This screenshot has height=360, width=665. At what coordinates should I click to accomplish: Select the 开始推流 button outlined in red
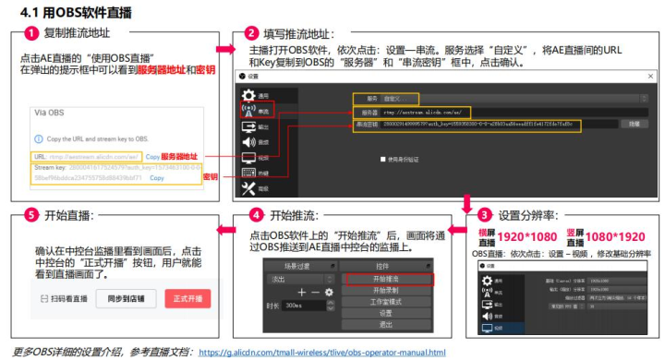coord(385,277)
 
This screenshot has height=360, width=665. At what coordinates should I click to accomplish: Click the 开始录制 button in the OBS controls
coord(385,289)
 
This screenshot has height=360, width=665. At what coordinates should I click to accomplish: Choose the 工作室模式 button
coord(385,301)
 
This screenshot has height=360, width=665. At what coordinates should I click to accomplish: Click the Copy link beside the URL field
coord(152,157)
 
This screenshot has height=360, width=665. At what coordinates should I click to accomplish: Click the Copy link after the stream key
coord(157,177)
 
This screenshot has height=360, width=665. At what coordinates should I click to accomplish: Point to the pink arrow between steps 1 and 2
coord(224,46)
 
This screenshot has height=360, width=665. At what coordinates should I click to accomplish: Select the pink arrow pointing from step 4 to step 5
coord(224,215)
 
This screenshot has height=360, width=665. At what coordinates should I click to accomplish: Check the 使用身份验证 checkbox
coord(383,158)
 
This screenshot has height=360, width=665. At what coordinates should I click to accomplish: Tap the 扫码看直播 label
coord(64,298)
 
